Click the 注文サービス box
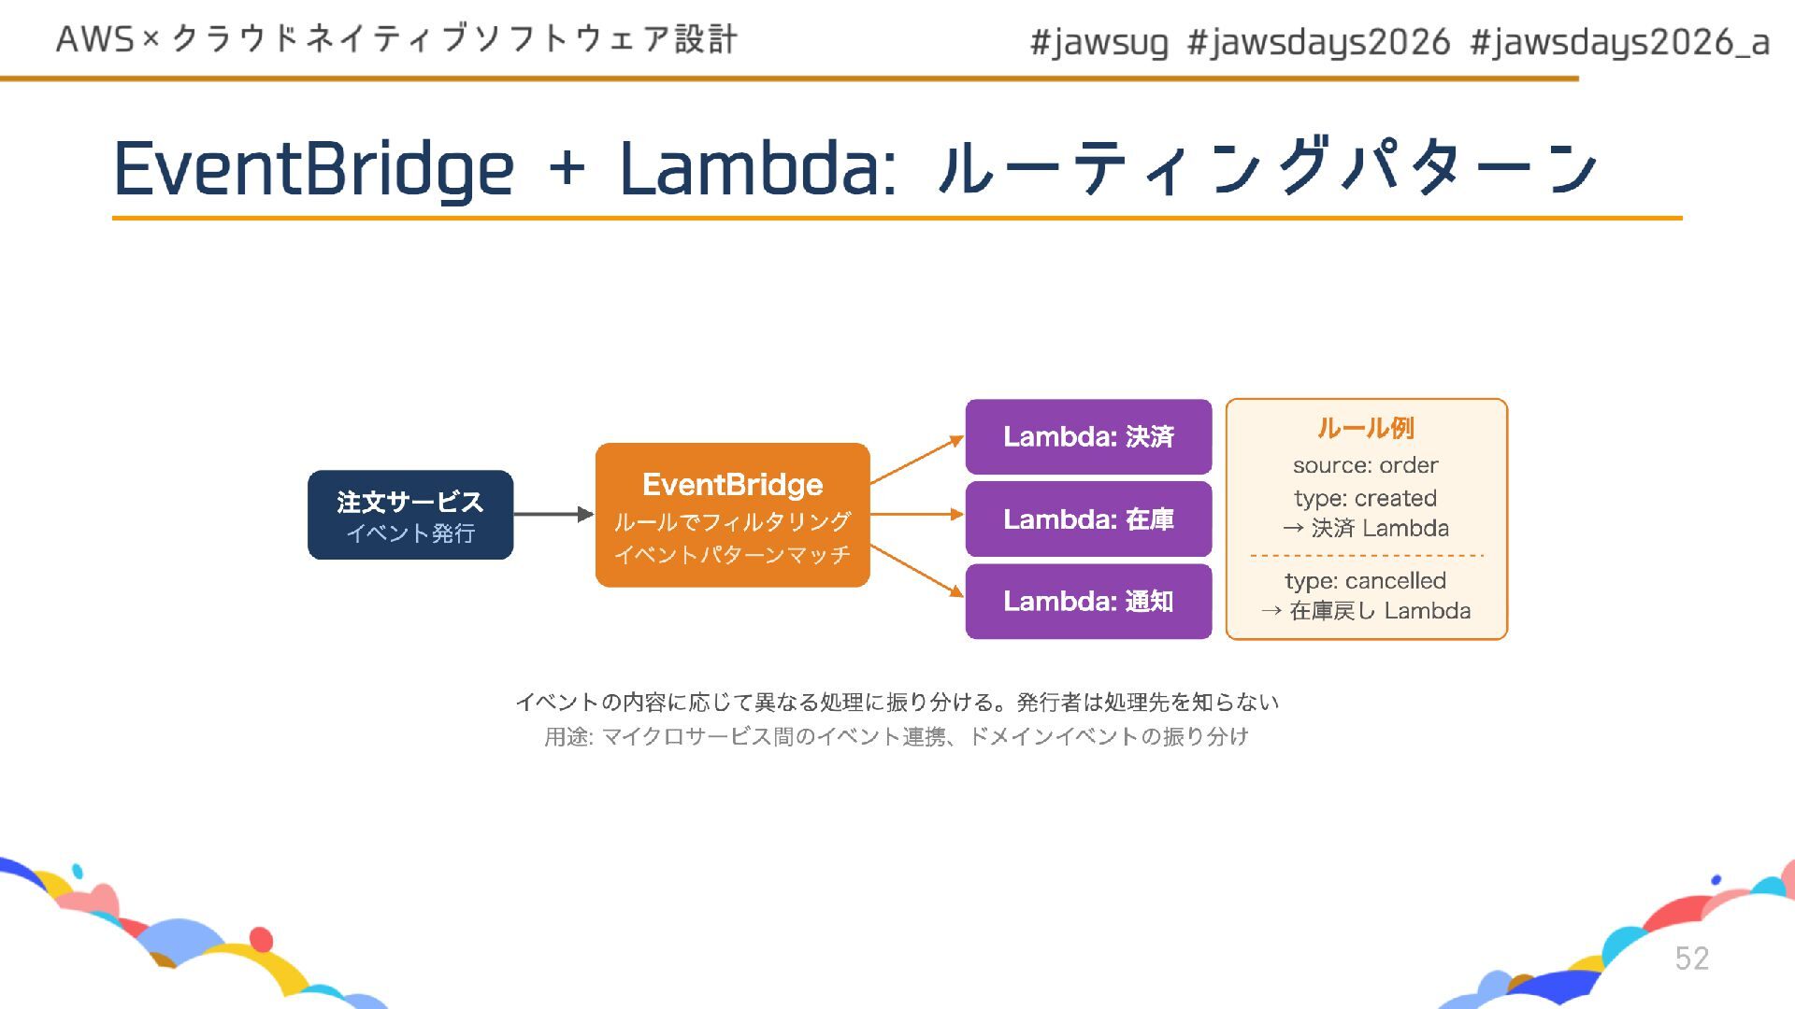click(x=410, y=515)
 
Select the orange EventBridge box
click(x=732, y=515)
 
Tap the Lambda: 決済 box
click(x=1088, y=436)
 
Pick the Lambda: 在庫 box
click(x=1088, y=519)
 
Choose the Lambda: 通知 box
click(x=1088, y=601)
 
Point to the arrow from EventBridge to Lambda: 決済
click(x=916, y=460)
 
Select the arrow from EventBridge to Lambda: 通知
click(x=916, y=570)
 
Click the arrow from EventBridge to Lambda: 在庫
click(x=916, y=514)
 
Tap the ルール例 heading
click(x=1365, y=428)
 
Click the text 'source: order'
click(x=1365, y=465)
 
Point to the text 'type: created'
click(x=1365, y=498)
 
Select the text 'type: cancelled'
click(x=1365, y=580)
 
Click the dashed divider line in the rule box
click(x=1366, y=556)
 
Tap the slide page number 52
click(x=1691, y=959)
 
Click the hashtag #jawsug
click(x=1099, y=42)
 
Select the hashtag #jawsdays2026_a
click(x=1619, y=42)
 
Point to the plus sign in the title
click(x=567, y=170)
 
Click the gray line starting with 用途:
click(x=896, y=736)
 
